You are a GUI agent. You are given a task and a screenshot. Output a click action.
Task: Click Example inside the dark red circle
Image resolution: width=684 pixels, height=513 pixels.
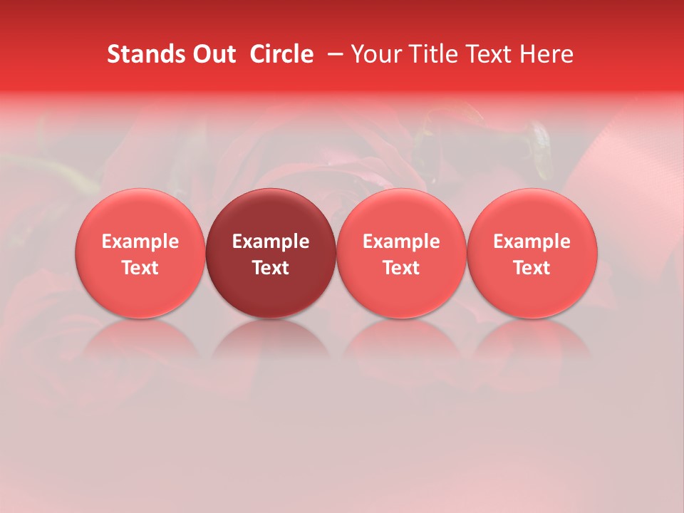click(271, 242)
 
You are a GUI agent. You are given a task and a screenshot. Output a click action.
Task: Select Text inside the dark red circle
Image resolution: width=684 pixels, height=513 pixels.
click(271, 268)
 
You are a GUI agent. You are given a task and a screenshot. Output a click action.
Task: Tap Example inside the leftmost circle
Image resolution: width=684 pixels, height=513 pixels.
click(140, 242)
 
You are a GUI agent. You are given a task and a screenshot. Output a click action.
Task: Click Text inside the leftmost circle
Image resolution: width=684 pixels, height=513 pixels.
click(140, 268)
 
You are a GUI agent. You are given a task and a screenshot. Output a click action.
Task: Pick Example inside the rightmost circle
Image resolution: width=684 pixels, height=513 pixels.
click(532, 242)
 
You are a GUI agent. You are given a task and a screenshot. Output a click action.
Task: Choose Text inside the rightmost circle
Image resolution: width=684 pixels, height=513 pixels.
click(532, 268)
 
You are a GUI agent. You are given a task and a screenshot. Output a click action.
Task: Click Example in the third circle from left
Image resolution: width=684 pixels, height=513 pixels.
click(401, 242)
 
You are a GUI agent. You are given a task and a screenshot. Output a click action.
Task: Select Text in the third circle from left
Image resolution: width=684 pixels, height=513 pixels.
click(401, 268)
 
